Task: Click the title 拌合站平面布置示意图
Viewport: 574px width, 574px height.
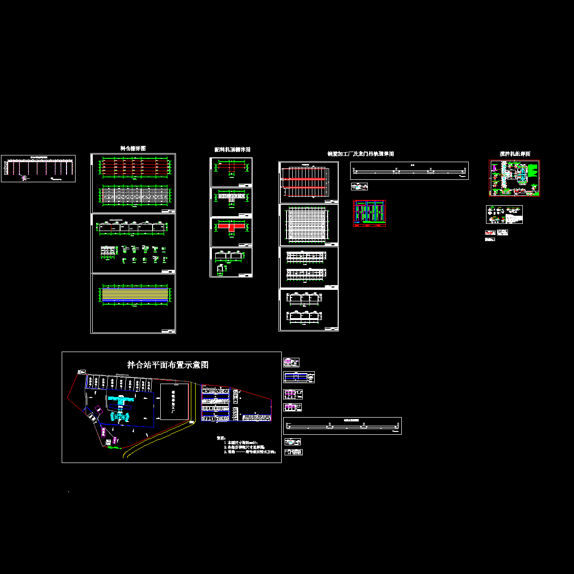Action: (168, 365)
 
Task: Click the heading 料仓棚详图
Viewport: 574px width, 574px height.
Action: (133, 148)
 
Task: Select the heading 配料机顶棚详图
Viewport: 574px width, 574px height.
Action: (232, 150)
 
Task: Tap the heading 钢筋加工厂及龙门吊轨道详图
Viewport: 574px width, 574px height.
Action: (360, 154)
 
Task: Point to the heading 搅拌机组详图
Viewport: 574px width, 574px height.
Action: (515, 154)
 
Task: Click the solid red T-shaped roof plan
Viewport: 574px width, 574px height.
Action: (232, 226)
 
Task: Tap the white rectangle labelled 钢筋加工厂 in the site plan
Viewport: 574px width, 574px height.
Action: (173, 401)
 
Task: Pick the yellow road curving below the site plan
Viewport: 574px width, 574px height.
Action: (158, 435)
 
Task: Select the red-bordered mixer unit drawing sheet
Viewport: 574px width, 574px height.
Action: (514, 178)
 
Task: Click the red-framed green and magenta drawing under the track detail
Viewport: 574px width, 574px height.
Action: (369, 213)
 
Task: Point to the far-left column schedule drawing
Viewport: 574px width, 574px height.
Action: (38, 168)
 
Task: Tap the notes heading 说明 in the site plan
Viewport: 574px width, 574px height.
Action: (221, 438)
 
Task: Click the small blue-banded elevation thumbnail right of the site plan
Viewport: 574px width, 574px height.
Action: (298, 377)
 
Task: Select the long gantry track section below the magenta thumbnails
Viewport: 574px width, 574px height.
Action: (342, 426)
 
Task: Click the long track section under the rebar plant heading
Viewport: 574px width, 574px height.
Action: (409, 171)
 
